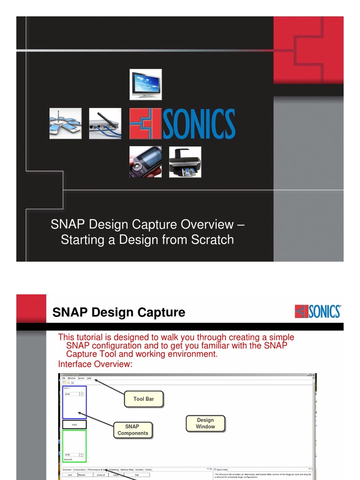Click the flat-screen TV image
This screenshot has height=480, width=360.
146,84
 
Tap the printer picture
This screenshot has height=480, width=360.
185,162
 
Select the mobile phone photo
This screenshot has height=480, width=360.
146,162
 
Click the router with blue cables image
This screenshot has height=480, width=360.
105,123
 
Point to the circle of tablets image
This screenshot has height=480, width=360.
66,123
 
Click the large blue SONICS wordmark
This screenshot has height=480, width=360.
199,124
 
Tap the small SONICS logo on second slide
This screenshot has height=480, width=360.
318,311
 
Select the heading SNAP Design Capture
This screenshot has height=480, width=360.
119,312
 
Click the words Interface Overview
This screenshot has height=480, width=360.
96,364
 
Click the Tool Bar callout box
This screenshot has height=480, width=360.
143,399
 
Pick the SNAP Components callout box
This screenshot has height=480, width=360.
133,430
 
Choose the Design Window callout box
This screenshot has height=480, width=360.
205,423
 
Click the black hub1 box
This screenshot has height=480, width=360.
74,425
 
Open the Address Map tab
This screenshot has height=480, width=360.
127,469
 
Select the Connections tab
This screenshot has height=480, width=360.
79,469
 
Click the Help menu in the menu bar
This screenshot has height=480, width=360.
89,378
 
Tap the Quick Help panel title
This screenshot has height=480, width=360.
221,469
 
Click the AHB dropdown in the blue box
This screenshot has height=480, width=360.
74,394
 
